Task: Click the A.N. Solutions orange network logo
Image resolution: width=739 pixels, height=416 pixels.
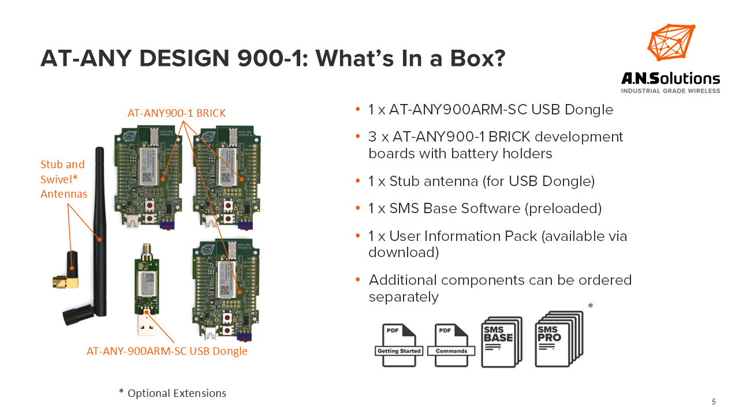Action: pyautogui.click(x=671, y=42)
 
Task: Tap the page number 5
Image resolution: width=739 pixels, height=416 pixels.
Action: pyautogui.click(x=714, y=402)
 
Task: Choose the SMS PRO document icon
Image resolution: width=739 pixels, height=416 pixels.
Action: pyautogui.click(x=558, y=339)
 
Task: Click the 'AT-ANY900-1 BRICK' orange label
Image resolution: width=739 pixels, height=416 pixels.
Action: pyautogui.click(x=176, y=113)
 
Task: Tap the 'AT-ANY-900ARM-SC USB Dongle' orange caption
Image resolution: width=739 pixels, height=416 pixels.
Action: pyautogui.click(x=167, y=351)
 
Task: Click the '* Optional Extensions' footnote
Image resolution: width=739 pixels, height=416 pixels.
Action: pyautogui.click(x=173, y=393)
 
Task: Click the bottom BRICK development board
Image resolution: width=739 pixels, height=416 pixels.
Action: pyautogui.click(x=225, y=289)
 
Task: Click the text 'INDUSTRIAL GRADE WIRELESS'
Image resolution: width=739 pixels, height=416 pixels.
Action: pyautogui.click(x=670, y=91)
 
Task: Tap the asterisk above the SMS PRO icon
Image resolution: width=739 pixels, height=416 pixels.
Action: pyautogui.click(x=590, y=306)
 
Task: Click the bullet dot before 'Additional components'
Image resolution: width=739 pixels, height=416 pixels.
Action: pyautogui.click(x=358, y=280)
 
